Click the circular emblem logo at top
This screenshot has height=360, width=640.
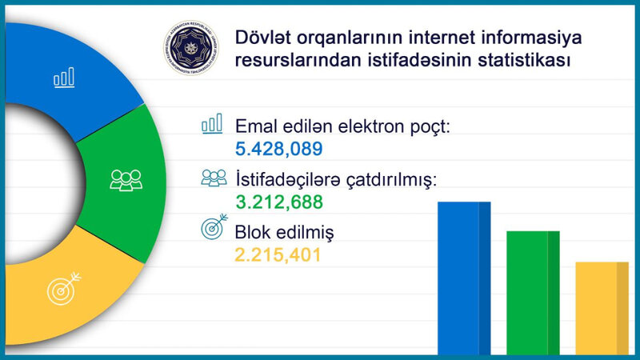pos(192,50)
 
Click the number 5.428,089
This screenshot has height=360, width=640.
pos(279,149)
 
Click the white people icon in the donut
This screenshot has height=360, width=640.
pos(126,179)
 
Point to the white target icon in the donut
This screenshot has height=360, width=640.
pos(65,288)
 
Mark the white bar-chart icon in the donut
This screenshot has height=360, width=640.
pos(64,77)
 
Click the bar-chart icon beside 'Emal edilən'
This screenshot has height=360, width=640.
pos(212,123)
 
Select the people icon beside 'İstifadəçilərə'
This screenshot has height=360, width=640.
pos(214,178)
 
